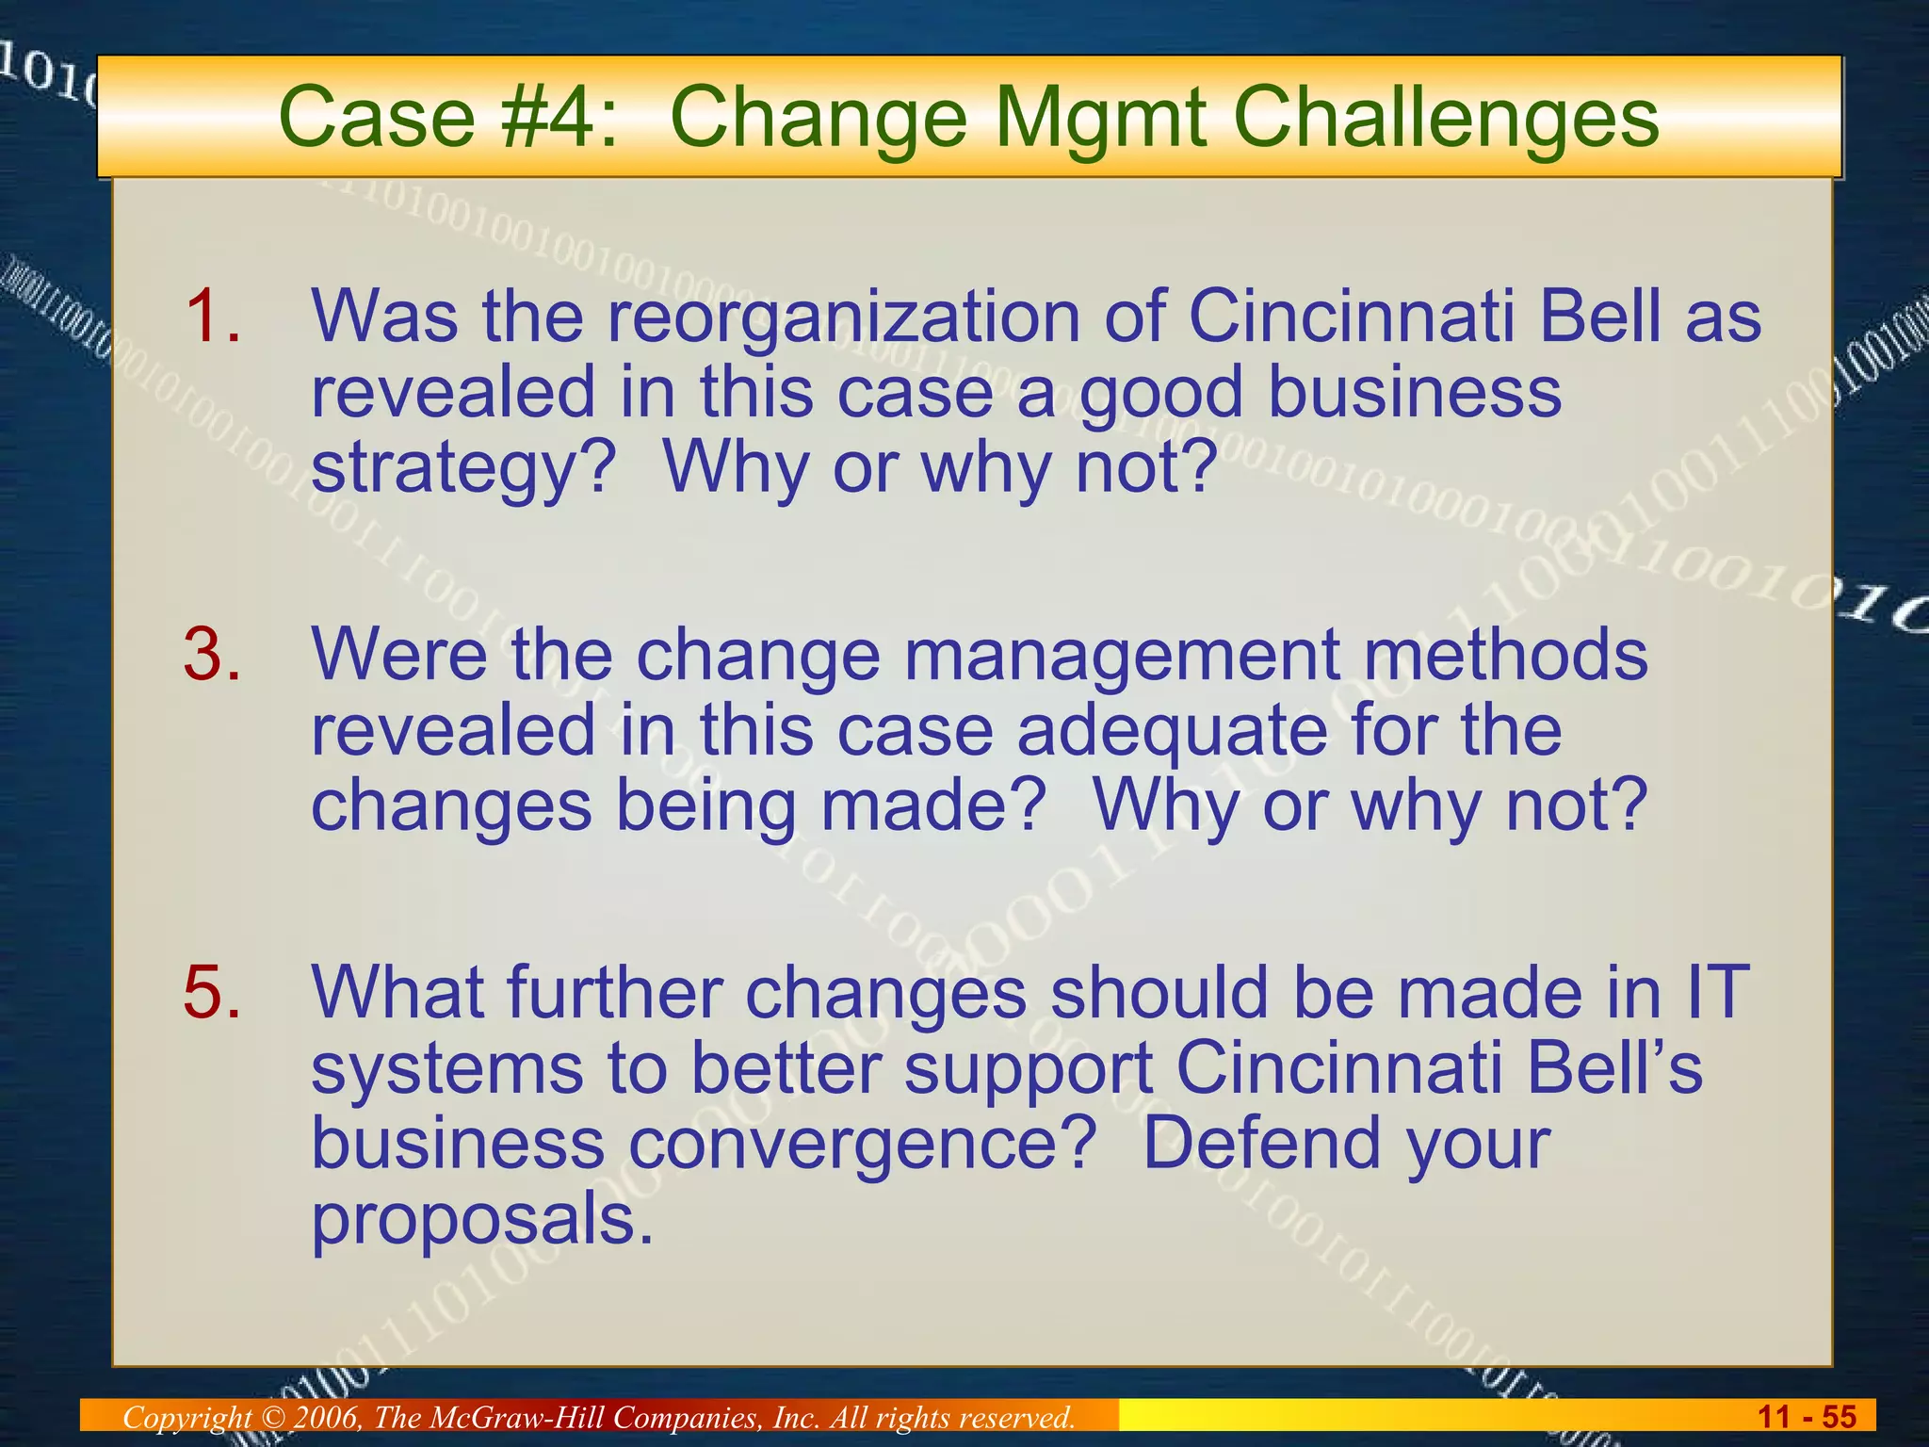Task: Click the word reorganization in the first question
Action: (844, 317)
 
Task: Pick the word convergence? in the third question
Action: (862, 1144)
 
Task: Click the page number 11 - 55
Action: (1806, 1417)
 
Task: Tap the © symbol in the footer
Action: (272, 1417)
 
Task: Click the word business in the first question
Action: (1414, 392)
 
